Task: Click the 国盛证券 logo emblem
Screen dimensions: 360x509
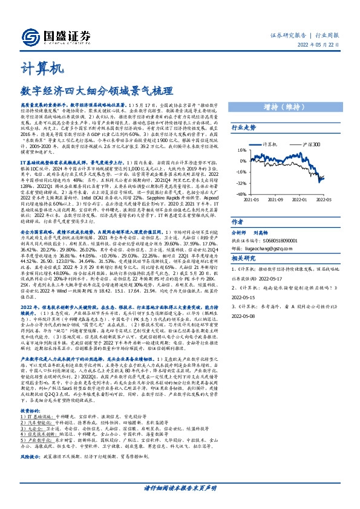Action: click(x=29, y=38)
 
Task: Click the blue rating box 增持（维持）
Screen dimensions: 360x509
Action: click(x=290, y=107)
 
